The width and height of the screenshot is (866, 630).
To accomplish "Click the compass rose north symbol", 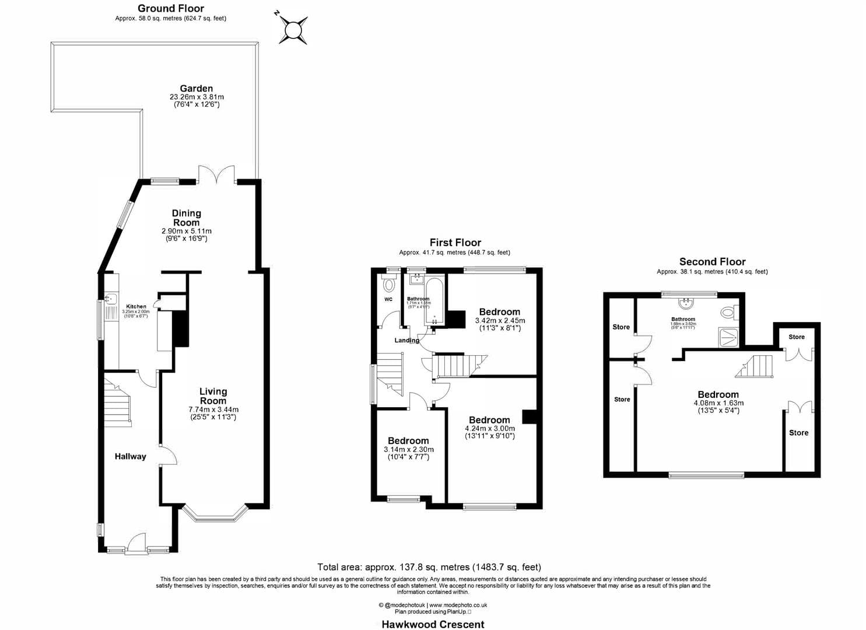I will point(293,28).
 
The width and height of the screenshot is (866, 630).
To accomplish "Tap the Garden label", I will point(196,89).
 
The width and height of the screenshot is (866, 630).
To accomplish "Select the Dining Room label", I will point(186,218).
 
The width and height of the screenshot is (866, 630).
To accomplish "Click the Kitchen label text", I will point(136,306).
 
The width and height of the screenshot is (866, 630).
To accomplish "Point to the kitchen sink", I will point(110,300).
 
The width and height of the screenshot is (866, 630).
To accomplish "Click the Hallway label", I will point(130,457).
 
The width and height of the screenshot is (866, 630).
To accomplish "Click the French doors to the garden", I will point(216,174).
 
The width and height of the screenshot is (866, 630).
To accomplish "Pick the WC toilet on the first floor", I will point(389,285).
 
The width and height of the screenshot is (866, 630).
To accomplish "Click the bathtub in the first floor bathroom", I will point(434,301).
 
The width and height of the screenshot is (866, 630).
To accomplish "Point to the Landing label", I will point(406,340).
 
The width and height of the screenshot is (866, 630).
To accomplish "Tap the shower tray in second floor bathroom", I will point(728,337).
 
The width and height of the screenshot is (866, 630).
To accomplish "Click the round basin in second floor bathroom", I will point(686,303).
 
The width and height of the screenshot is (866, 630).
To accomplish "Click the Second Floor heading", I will point(712,262).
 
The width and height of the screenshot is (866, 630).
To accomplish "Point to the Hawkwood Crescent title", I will point(433,624).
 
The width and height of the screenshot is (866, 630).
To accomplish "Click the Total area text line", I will point(429,567).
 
